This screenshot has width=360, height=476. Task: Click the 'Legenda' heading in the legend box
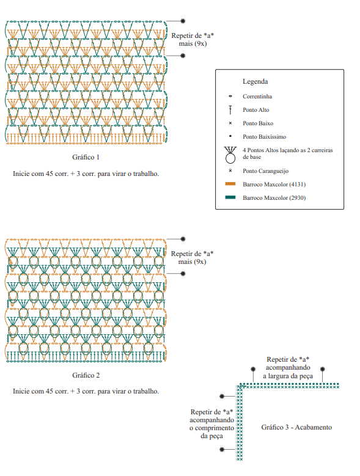pyautogui.click(x=255, y=81)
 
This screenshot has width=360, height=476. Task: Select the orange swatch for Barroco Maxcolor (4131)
pyautogui.click(x=230, y=184)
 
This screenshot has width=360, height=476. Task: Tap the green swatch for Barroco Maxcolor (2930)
pyautogui.click(x=230, y=197)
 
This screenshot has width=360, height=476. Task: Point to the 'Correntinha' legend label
pyautogui.click(x=257, y=96)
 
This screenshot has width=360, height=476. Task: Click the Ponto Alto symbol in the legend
pyautogui.click(x=230, y=110)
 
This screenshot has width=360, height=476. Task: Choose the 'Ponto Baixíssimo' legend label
pyautogui.click(x=264, y=137)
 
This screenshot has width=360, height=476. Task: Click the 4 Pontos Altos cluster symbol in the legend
pyautogui.click(x=230, y=155)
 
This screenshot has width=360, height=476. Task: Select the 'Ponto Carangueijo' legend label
pyautogui.click(x=265, y=171)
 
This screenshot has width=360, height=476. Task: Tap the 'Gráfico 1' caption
pyautogui.click(x=86, y=157)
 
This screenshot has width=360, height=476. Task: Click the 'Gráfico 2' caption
pyautogui.click(x=86, y=375)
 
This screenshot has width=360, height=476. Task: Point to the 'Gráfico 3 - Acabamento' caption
pyautogui.click(x=296, y=427)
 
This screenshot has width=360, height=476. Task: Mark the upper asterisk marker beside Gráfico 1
pyautogui.click(x=183, y=21)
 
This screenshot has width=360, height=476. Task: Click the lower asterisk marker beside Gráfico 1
pyautogui.click(x=183, y=56)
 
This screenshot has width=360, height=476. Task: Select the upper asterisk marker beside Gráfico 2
pyautogui.click(x=183, y=239)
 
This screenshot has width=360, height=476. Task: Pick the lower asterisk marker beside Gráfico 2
pyautogui.click(x=183, y=274)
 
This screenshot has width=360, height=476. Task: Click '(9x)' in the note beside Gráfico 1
pyautogui.click(x=200, y=44)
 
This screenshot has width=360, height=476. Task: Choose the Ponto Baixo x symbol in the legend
pyautogui.click(x=230, y=123)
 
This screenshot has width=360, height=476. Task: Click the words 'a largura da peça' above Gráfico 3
pyautogui.click(x=288, y=376)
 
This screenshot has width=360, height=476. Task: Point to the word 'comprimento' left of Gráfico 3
pyautogui.click(x=215, y=428)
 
